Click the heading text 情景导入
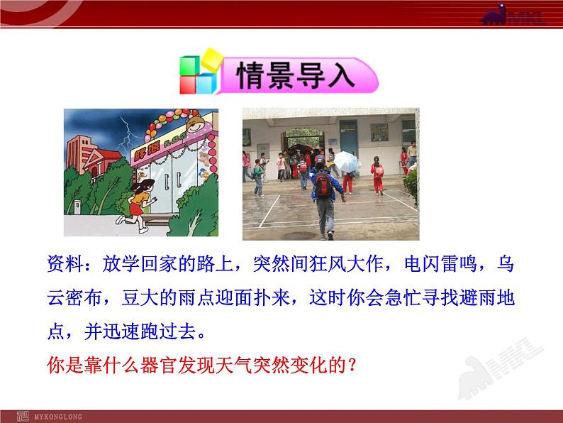296,75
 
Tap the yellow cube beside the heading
212,60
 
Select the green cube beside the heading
189,66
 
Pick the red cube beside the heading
188,85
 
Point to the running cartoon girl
138,205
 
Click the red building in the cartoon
91,158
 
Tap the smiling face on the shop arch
196,125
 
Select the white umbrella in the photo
346,161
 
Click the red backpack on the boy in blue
323,184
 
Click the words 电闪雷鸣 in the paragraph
440,263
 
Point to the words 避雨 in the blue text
478,297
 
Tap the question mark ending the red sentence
352,365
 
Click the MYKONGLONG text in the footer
58,417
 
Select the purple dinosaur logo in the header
494,14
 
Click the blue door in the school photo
348,138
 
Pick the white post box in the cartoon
77,207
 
